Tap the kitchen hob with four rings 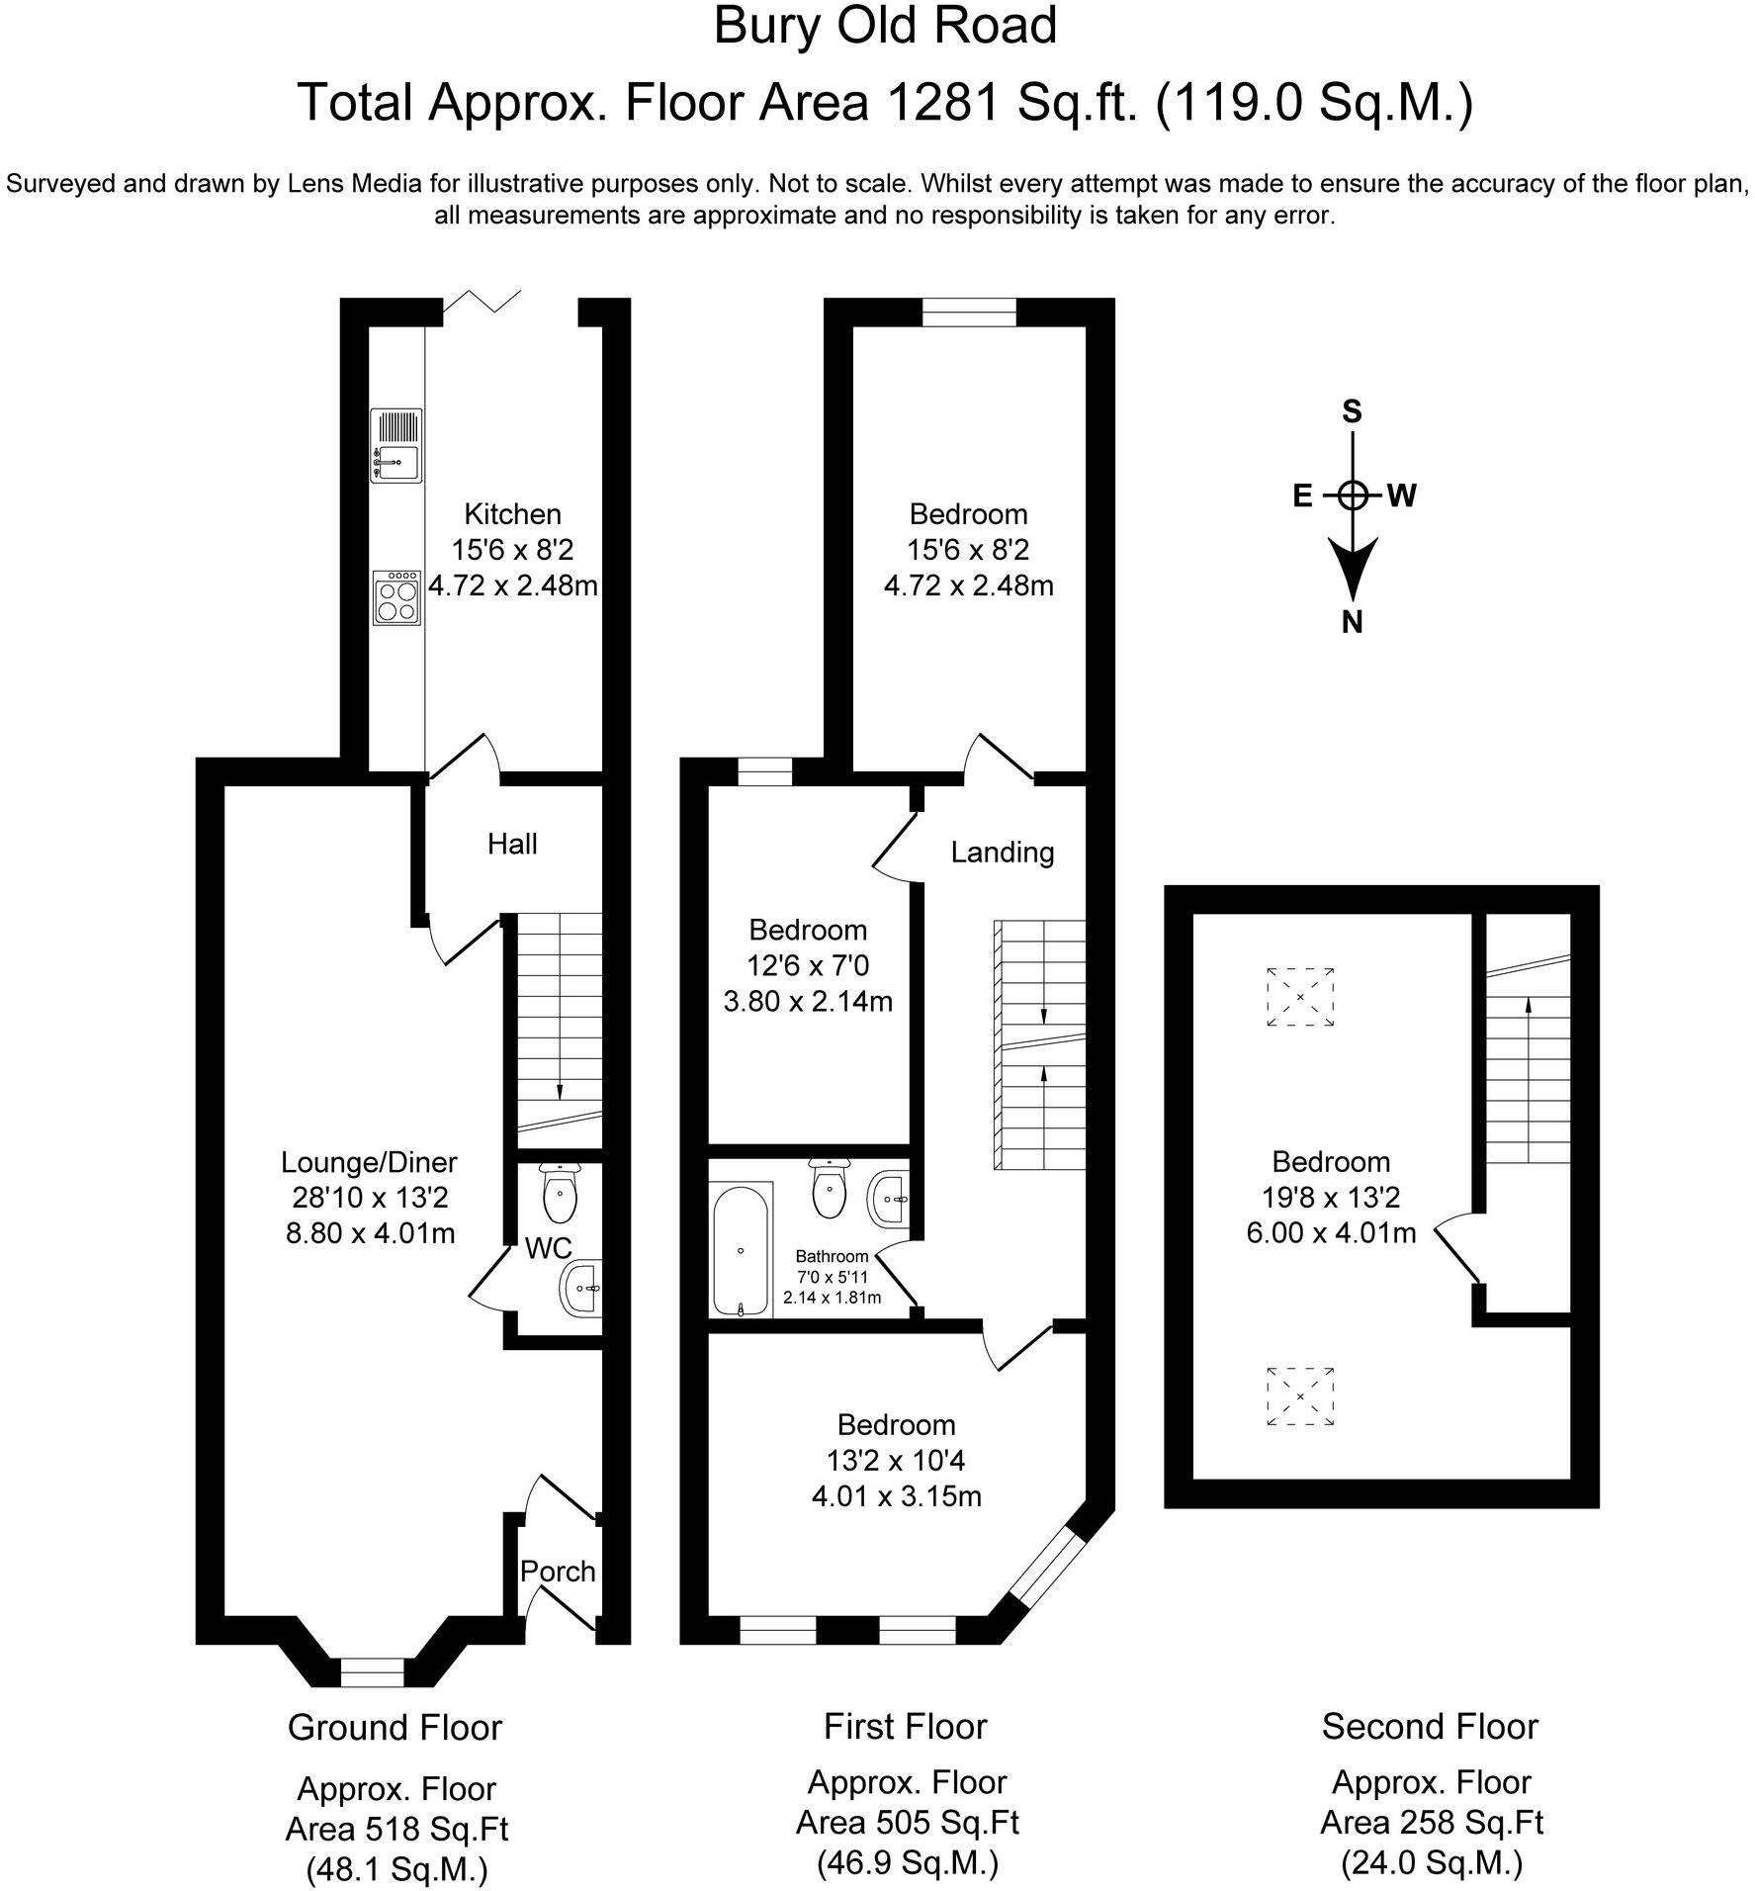click(396, 597)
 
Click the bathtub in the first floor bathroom click(742, 1249)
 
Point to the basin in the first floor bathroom click(889, 1199)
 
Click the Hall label click(512, 844)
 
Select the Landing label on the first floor click(1003, 852)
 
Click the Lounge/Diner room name click(370, 1161)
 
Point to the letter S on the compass click(1352, 411)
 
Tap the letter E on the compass click(1303, 495)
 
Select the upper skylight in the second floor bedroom click(1300, 997)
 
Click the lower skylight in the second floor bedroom click(1300, 1396)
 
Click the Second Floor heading click(1430, 1727)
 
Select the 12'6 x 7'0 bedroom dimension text click(809, 965)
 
